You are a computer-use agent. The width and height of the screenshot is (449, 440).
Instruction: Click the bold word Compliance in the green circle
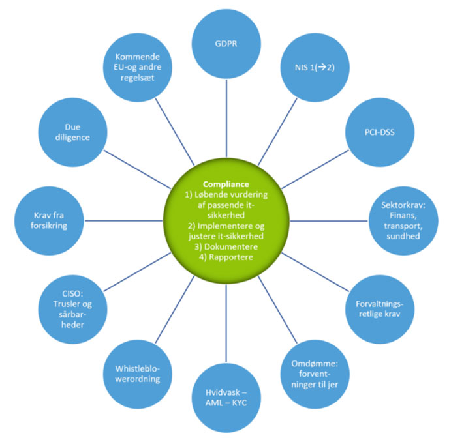[x=225, y=184]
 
